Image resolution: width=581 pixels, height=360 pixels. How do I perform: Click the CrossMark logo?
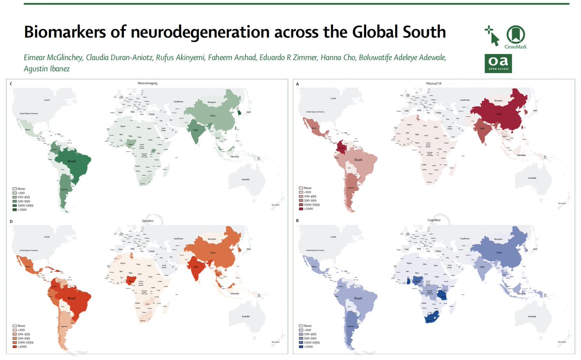tap(516, 36)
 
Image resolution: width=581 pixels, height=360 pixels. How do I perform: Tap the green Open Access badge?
tap(498, 63)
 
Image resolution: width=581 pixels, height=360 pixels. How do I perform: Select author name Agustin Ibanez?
tap(46, 69)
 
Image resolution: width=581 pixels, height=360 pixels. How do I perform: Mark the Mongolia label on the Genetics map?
tap(212, 240)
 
